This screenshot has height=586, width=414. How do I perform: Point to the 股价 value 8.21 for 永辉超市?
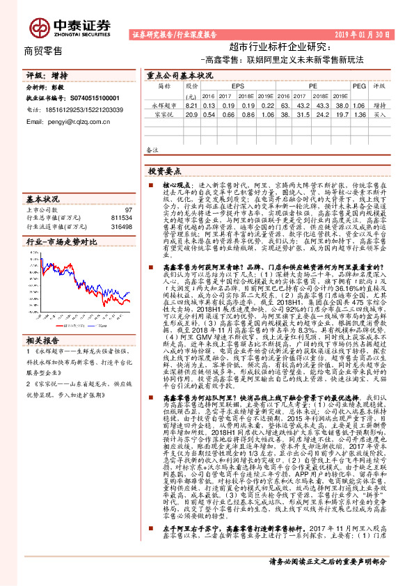192,104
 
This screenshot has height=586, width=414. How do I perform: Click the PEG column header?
359,86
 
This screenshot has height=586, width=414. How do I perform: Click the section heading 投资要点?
165,170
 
